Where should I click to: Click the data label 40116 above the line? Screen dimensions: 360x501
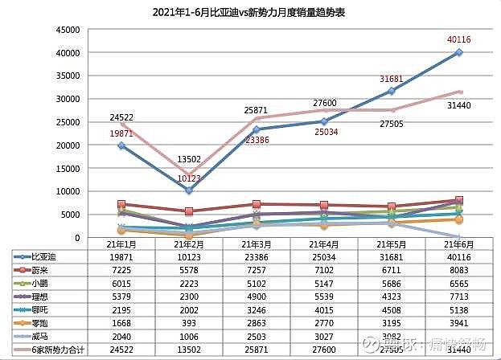tap(458, 39)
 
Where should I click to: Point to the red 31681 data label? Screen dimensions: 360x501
tap(393, 79)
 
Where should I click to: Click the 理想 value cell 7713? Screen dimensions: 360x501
tap(458, 297)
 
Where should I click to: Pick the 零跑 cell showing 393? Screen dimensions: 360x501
tap(188, 323)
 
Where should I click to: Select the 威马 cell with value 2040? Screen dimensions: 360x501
tap(121, 337)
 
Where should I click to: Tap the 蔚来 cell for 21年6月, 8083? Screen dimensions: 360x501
tap(458, 269)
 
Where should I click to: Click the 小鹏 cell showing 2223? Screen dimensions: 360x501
tap(188, 283)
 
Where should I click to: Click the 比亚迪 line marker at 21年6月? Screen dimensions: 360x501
tap(459, 52)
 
